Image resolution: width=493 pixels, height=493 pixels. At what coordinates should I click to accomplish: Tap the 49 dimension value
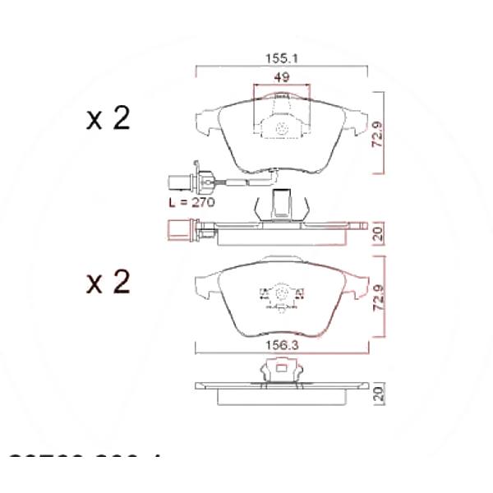(x=281, y=79)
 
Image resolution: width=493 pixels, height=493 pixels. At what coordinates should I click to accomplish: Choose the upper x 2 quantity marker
(x=108, y=119)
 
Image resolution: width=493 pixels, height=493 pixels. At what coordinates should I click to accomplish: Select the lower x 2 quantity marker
(x=108, y=283)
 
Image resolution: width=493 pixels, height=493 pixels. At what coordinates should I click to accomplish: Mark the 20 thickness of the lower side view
(x=377, y=393)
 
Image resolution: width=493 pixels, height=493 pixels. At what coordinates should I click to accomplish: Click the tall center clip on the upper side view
(x=282, y=202)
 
